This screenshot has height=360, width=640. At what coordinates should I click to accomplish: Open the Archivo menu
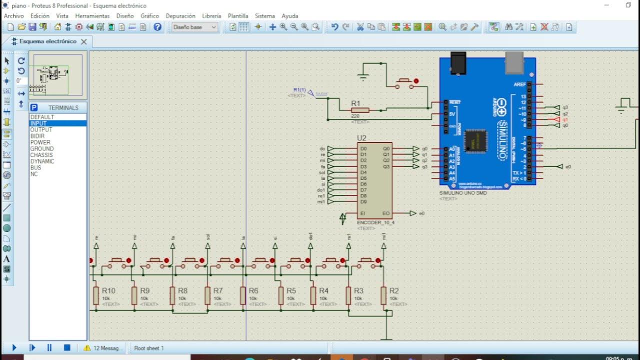click(14, 16)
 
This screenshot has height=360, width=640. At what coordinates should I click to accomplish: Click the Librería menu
click(211, 16)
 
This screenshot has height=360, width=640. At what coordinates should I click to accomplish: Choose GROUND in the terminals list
click(42, 148)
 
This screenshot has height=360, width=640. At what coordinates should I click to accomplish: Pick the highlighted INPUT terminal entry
click(38, 123)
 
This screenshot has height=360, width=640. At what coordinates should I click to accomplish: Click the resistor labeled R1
click(360, 110)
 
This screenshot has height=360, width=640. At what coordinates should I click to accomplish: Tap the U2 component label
click(361, 138)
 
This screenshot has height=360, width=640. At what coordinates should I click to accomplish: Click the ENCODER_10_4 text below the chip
click(375, 222)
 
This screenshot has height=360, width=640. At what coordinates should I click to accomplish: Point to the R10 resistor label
click(108, 291)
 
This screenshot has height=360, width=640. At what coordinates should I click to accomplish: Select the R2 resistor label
click(394, 291)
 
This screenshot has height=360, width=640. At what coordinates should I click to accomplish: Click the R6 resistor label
click(253, 291)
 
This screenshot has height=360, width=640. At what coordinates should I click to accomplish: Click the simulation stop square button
click(67, 347)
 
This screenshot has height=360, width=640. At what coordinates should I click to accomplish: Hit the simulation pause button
click(49, 347)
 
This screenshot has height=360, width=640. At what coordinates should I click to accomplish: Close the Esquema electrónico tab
click(84, 41)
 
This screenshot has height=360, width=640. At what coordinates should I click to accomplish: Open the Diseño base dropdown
click(194, 27)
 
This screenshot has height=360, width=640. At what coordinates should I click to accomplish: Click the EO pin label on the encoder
click(385, 213)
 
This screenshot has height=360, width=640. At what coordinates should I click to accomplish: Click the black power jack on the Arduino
click(458, 63)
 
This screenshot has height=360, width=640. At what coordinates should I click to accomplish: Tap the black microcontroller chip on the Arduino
click(475, 140)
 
